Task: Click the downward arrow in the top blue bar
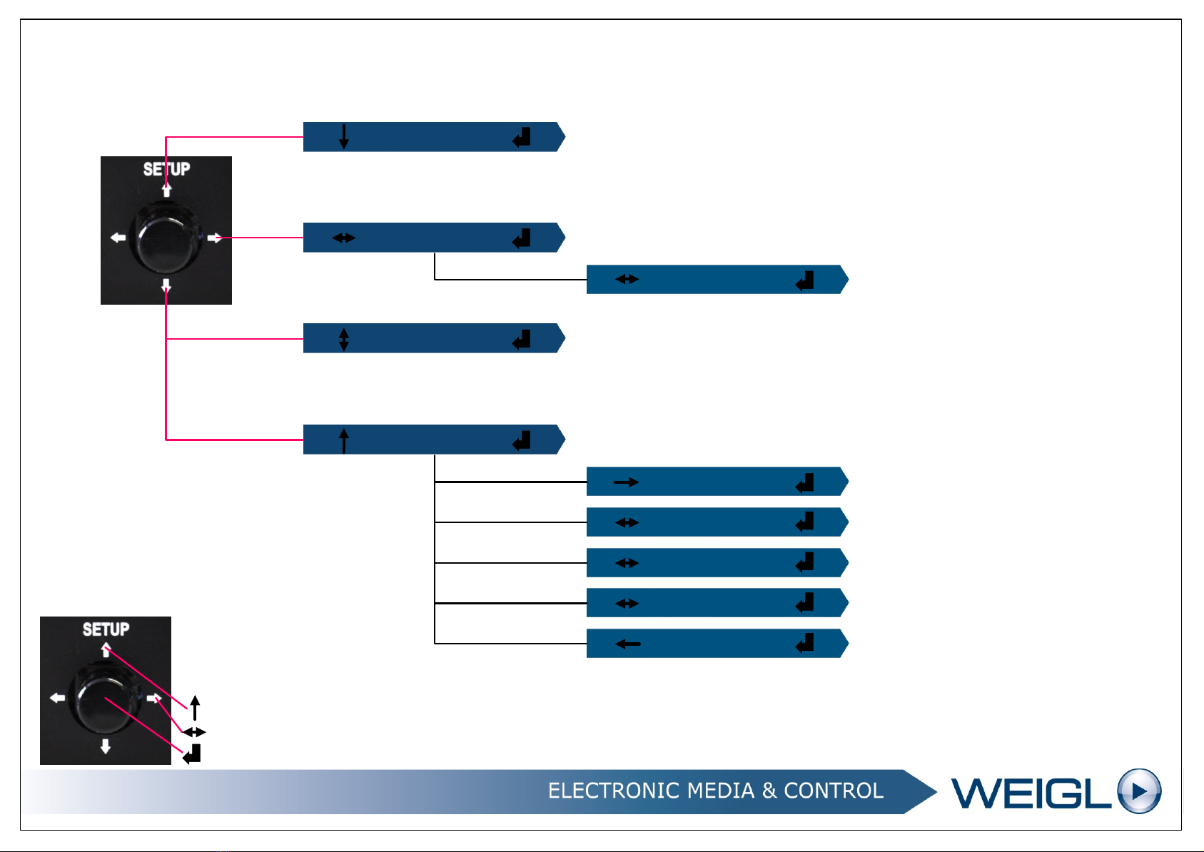tap(344, 136)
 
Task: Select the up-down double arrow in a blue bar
tap(344, 339)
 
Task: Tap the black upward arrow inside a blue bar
tap(344, 440)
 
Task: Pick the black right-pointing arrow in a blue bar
tap(626, 482)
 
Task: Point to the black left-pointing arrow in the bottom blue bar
tap(627, 644)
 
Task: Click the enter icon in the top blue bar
tap(522, 137)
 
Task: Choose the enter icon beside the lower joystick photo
tap(192, 754)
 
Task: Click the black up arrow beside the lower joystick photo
tap(194, 708)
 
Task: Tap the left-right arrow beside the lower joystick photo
tap(193, 732)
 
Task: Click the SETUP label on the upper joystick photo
tap(166, 169)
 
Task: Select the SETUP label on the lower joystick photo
tap(106, 629)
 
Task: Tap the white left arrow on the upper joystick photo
tap(118, 238)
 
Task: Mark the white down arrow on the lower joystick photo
tap(106, 746)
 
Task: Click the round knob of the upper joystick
tap(167, 238)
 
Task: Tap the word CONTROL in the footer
tap(833, 791)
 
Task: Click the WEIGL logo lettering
tap(1031, 793)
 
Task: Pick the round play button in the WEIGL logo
tap(1139, 791)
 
